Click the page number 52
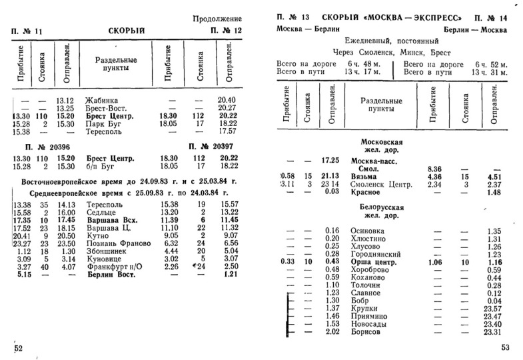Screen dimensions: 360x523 click(x=18, y=348)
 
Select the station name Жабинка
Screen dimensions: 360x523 click(x=101, y=100)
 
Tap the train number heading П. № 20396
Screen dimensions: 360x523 click(x=41, y=146)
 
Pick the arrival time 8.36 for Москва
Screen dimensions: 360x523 click(x=434, y=169)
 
